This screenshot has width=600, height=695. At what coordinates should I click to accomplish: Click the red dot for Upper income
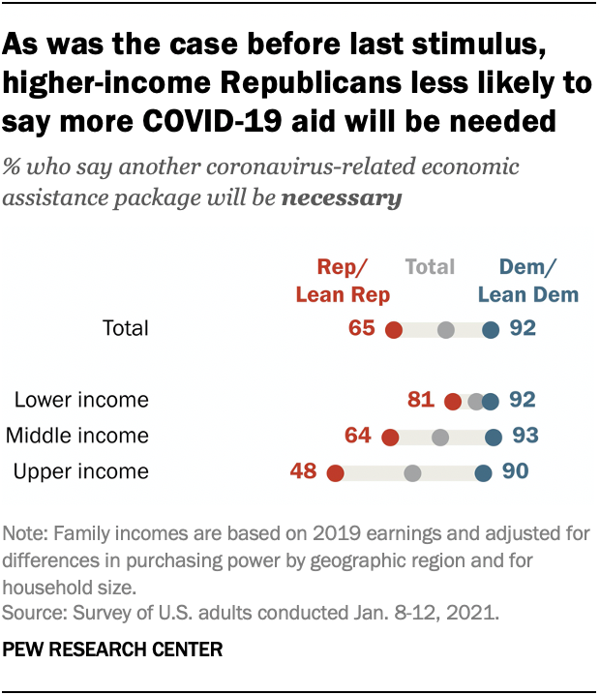point(336,472)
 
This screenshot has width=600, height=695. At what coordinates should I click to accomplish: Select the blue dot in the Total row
point(491,330)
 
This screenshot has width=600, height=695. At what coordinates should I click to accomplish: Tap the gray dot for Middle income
point(440,438)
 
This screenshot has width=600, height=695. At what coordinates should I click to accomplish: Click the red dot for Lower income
point(452,401)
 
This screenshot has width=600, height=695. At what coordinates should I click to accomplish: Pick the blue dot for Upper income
point(483,472)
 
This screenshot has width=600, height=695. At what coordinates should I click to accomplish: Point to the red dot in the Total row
point(393,330)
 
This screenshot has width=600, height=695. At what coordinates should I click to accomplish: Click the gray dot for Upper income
point(413,472)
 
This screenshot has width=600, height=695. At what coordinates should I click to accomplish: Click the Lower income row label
point(81,400)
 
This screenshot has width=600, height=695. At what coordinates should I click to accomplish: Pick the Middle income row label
point(77,436)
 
